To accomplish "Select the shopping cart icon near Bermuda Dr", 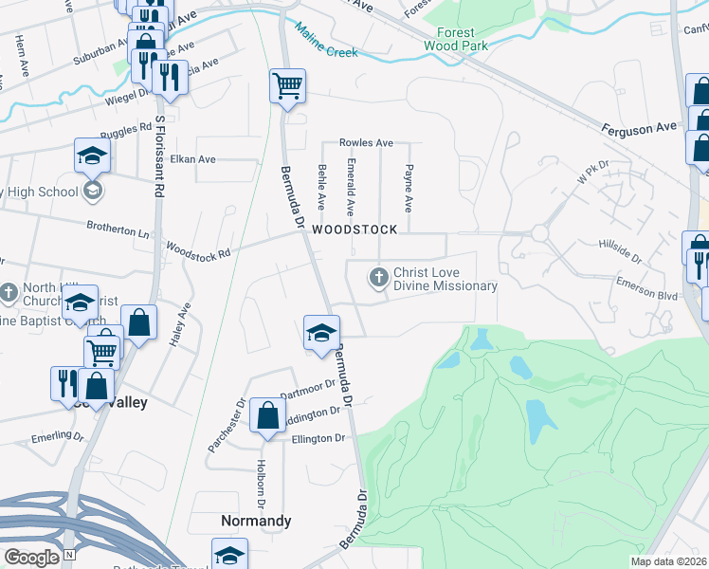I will pyautogui.click(x=288, y=87).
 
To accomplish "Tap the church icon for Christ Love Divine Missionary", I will pyautogui.click(x=378, y=278).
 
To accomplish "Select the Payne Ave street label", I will pyautogui.click(x=409, y=189).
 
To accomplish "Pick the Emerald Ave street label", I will pyautogui.click(x=351, y=187).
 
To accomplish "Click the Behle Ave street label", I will pyautogui.click(x=321, y=187).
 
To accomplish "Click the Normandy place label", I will pyautogui.click(x=256, y=521).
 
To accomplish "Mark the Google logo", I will pyautogui.click(x=32, y=558).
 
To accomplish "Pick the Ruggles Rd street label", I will pyautogui.click(x=132, y=126).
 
